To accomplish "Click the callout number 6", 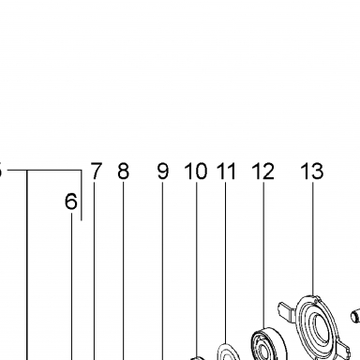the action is click(71, 202).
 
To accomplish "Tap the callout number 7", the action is click(96, 171).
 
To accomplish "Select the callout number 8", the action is click(123, 171).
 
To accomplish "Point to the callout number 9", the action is click(163, 171).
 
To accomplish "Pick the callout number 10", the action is click(196, 171).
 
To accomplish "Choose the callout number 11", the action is click(226, 171).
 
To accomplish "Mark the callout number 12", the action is click(263, 171).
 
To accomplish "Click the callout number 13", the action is click(312, 171).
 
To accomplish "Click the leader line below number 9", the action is click(162, 271).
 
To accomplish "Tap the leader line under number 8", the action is click(123, 271).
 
